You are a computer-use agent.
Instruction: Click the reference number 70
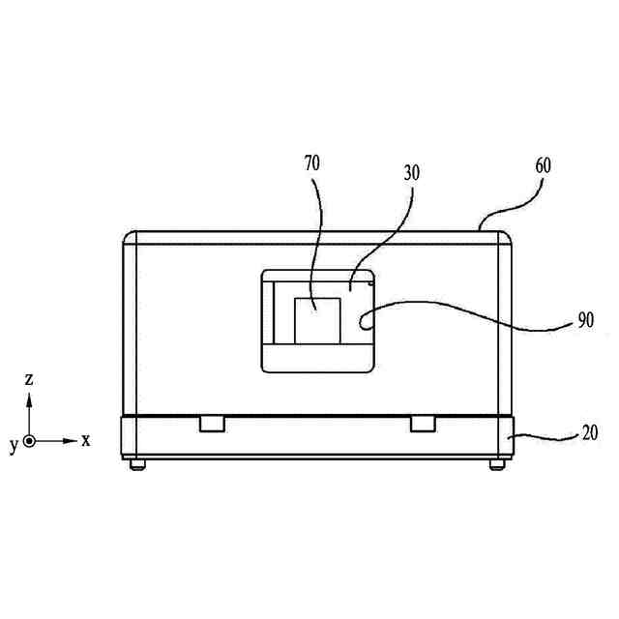311,163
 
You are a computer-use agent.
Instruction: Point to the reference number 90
584,320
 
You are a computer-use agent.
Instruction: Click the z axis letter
29,378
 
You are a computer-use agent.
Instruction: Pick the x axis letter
86,440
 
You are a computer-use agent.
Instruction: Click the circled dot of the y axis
30,441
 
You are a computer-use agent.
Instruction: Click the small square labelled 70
317,319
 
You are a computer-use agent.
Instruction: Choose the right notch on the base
423,425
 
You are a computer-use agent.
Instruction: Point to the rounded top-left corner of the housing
130,238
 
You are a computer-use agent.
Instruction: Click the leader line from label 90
464,311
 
